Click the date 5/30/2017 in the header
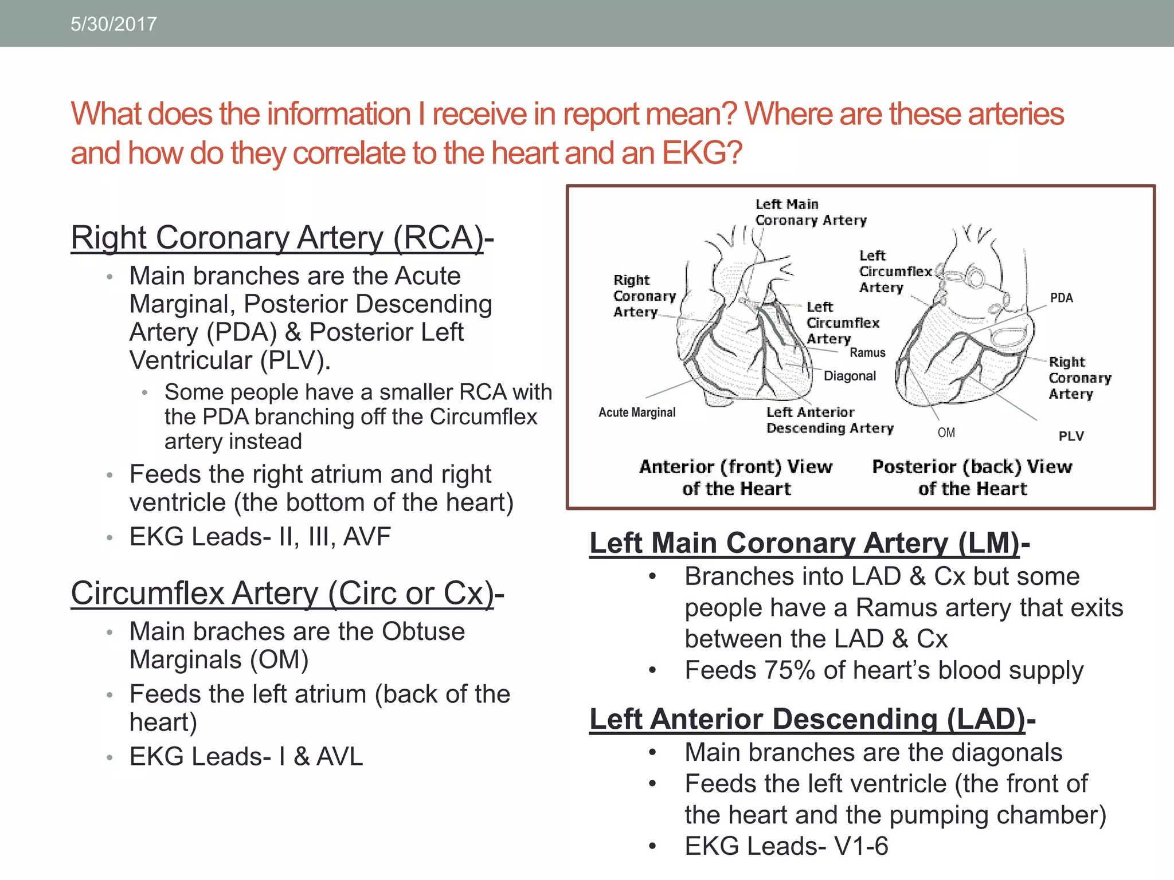[x=114, y=24]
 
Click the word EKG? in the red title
[x=701, y=154]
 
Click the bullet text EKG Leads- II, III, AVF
[x=260, y=537]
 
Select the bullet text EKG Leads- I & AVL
[x=246, y=756]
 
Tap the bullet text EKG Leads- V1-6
[x=786, y=846]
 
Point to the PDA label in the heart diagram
[x=1061, y=298]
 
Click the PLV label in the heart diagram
[x=1071, y=436]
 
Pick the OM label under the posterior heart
[x=946, y=433]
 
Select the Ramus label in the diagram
[x=867, y=353]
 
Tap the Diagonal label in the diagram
[x=850, y=376]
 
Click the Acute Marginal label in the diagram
[x=637, y=412]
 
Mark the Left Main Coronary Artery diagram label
[x=810, y=212]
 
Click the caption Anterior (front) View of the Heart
[x=736, y=477]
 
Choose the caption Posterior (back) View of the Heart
[x=972, y=477]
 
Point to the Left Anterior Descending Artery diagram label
[x=829, y=420]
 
